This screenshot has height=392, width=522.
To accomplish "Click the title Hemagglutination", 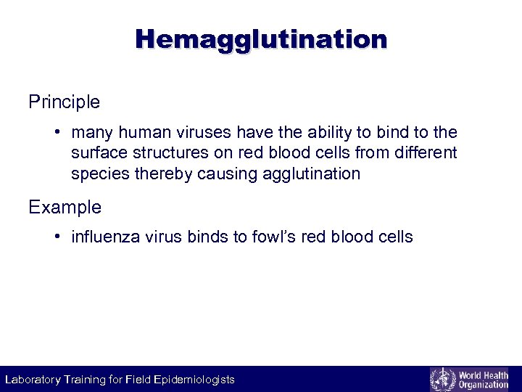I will (x=261, y=38).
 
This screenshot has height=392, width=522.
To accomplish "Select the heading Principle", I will (x=64, y=102).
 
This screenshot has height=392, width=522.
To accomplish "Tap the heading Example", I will (x=65, y=208).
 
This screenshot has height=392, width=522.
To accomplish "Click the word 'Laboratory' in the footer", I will (x=33, y=380).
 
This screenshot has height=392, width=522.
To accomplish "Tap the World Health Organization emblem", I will (x=442, y=379).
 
